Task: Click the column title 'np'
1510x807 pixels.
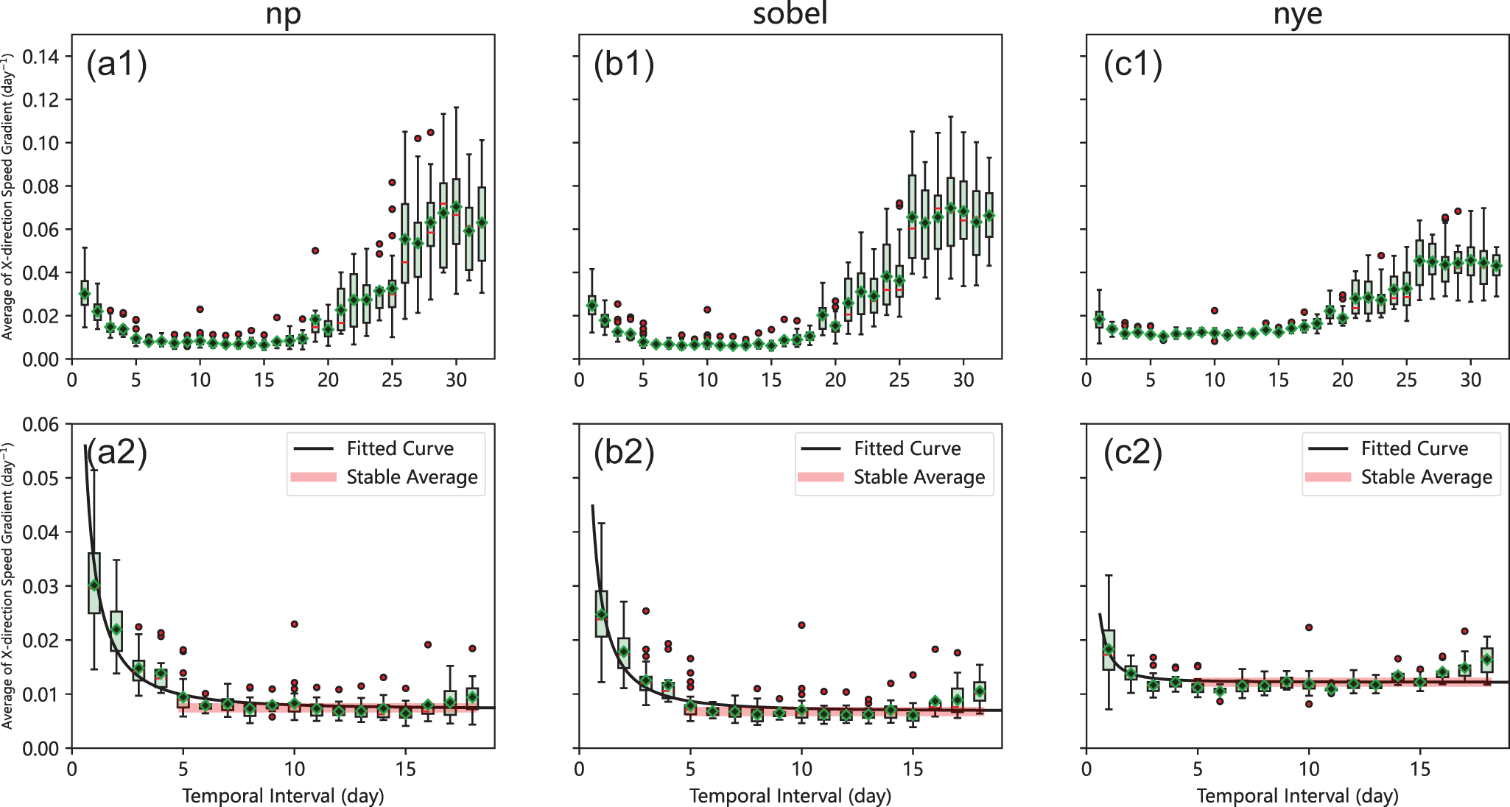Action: click(x=283, y=15)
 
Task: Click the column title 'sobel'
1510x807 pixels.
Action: click(x=790, y=13)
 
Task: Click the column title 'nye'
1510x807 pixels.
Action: click(x=1297, y=15)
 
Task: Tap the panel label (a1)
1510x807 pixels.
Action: click(x=117, y=64)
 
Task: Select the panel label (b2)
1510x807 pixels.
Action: click(x=624, y=452)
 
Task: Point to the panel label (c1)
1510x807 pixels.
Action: click(x=1132, y=64)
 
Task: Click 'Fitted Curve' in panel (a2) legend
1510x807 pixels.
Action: click(x=400, y=448)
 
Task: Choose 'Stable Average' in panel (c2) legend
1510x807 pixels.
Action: click(x=1426, y=477)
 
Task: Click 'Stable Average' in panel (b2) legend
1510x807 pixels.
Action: click(x=919, y=477)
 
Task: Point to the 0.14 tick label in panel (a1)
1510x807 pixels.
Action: click(x=41, y=57)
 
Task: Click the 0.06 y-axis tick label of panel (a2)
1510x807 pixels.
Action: click(x=41, y=424)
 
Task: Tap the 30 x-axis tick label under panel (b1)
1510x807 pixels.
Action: click(x=963, y=380)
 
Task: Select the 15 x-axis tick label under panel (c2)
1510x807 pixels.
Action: click(x=1419, y=769)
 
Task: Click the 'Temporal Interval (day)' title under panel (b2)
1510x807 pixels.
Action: click(x=790, y=796)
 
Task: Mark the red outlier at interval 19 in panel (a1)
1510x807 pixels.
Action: click(x=315, y=250)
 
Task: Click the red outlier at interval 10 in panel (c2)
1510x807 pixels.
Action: click(x=1309, y=627)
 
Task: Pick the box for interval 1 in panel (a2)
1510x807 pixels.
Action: click(x=94, y=582)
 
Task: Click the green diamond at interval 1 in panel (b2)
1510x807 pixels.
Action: click(x=601, y=615)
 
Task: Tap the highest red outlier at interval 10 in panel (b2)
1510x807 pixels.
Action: click(x=801, y=625)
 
